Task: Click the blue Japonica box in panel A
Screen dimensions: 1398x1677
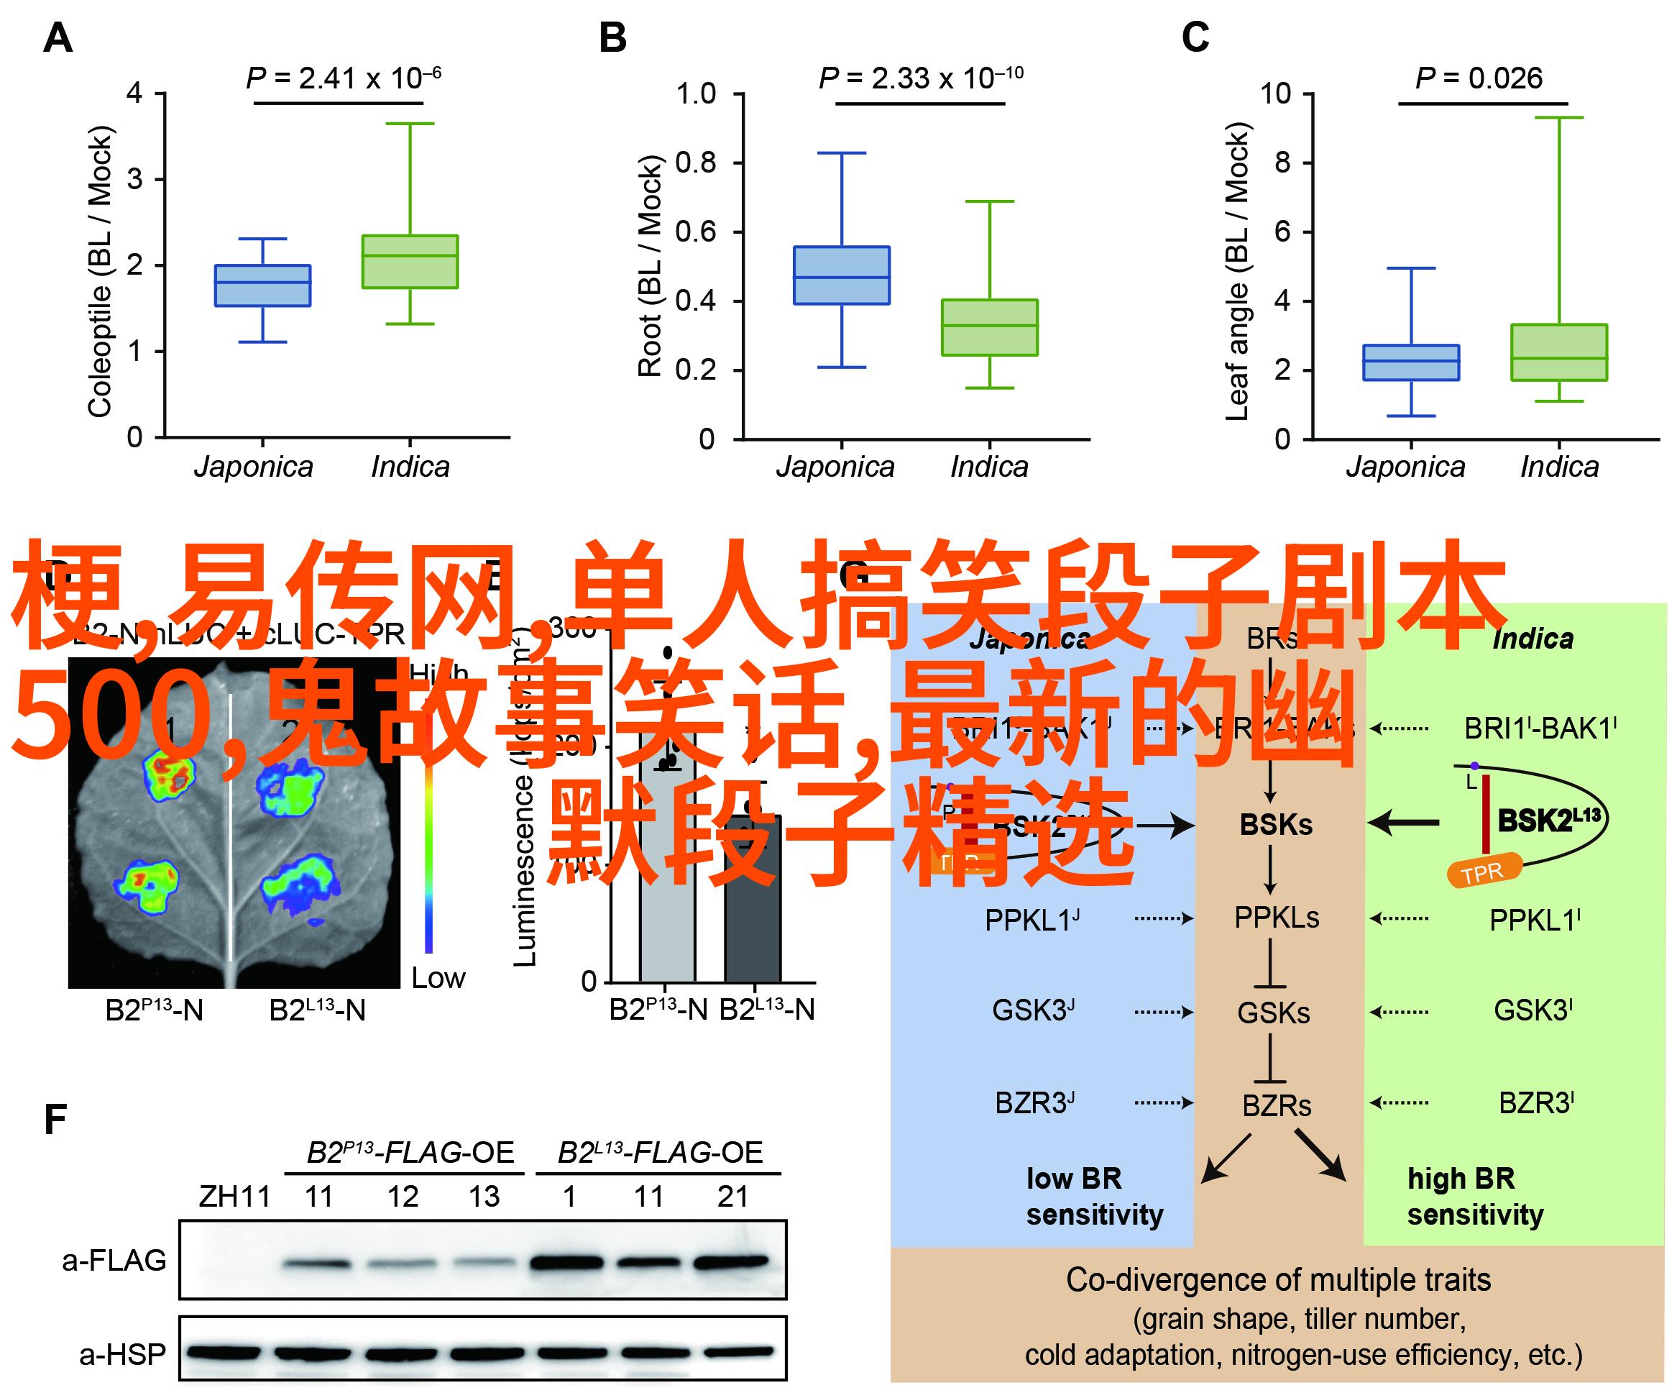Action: coord(263,285)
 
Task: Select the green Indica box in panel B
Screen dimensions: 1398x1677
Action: coord(989,327)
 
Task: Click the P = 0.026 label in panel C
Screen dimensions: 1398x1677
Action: coord(1478,78)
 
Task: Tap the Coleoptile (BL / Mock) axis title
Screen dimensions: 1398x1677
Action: coord(100,272)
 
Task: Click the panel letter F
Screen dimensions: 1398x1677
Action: coord(55,1119)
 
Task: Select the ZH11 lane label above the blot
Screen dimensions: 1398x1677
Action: coord(235,1197)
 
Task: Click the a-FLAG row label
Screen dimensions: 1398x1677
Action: coord(114,1261)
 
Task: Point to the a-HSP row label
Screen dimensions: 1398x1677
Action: coord(122,1354)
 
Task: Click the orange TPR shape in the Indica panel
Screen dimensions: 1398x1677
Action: coord(1483,872)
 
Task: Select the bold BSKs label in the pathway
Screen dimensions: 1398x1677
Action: coord(1276,824)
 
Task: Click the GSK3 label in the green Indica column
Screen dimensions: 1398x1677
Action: coord(1533,1010)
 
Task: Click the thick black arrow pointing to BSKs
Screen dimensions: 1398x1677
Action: coord(1403,822)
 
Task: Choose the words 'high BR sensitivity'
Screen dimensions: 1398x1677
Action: coord(1475,1197)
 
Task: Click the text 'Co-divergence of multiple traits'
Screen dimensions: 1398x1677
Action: coord(1278,1280)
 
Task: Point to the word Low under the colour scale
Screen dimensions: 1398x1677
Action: coord(438,978)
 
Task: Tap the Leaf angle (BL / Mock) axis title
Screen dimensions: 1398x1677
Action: coord(1236,272)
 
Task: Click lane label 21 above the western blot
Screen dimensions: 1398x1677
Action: coord(732,1197)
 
